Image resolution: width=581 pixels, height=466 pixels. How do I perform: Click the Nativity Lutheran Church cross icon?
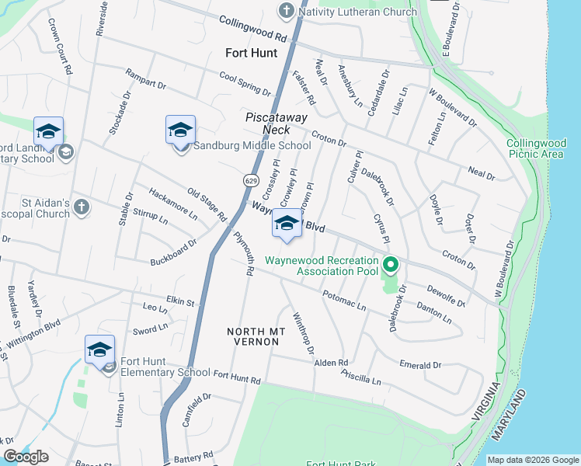tap(287, 12)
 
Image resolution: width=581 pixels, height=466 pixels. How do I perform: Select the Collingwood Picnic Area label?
tap(535, 149)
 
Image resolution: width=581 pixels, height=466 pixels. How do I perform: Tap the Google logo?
tap(26, 457)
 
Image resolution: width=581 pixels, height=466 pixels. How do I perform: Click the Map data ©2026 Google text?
tap(533, 460)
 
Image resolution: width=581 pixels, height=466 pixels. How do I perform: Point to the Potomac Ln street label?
tap(343, 301)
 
